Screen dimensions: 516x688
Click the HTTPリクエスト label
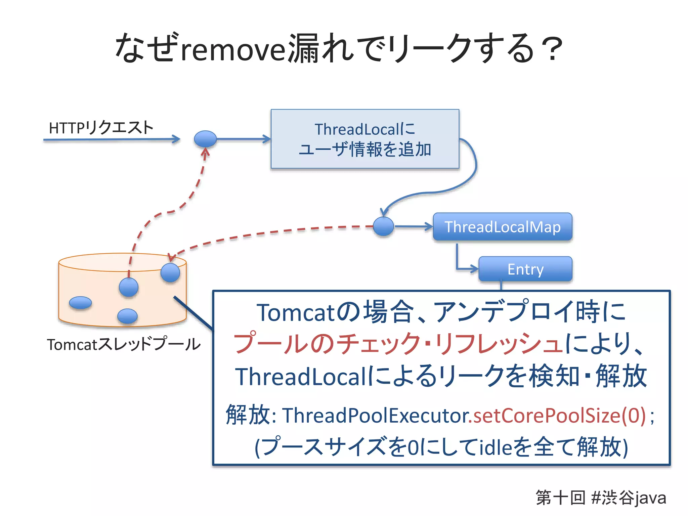(101, 128)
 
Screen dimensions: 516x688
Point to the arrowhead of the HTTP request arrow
(176, 139)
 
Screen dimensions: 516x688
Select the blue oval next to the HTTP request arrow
(205, 138)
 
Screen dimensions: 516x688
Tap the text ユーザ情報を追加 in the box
(365, 149)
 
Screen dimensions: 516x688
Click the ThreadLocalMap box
(502, 227)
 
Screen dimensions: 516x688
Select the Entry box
(525, 269)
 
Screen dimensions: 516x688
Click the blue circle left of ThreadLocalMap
(383, 226)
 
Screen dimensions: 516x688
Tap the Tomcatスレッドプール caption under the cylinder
(124, 344)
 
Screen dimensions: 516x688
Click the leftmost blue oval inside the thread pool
(80, 303)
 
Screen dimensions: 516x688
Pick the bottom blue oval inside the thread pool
(127, 316)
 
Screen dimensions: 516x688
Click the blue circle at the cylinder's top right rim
(170, 272)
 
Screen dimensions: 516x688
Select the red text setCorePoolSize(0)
(559, 416)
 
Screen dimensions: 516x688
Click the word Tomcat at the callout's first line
(296, 313)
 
